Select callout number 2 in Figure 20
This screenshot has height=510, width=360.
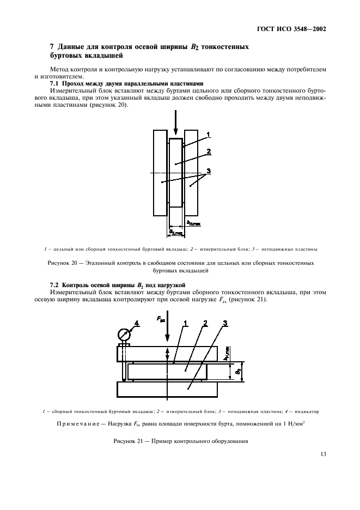[209, 151]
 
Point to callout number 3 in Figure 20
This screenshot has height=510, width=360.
[209, 172]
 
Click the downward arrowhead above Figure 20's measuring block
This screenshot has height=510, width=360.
[175, 132]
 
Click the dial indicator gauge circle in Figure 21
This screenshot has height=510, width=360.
[123, 333]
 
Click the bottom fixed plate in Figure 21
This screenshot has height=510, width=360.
[167, 390]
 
